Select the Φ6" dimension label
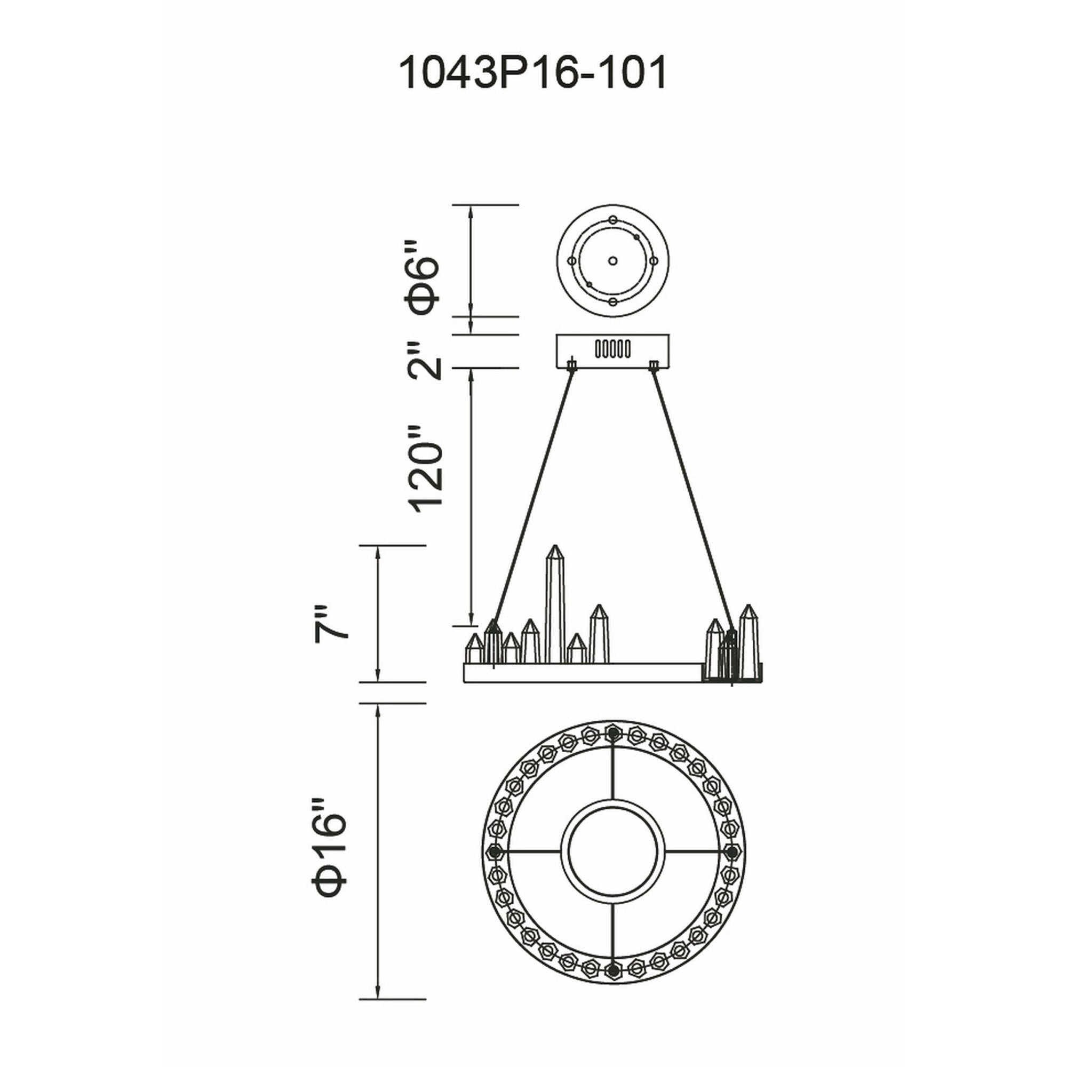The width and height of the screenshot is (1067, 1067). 423,277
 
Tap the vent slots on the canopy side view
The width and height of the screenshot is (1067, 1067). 612,349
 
